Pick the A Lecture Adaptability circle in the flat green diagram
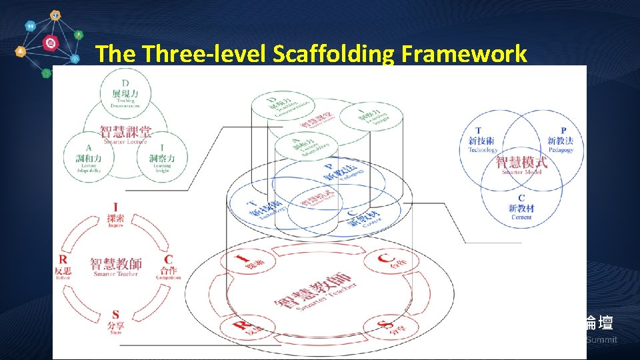[x=89, y=158]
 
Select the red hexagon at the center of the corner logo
[x=50, y=43]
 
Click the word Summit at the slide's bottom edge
[x=602, y=340]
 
